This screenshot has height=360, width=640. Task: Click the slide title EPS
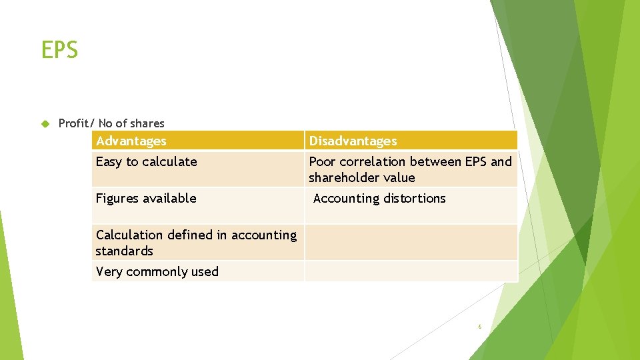59,49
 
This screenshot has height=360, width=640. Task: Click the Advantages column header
131,141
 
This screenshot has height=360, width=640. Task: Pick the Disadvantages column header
353,141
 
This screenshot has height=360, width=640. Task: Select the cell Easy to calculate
147,161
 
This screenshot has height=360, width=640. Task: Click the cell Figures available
146,198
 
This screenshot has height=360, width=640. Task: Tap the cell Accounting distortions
379,198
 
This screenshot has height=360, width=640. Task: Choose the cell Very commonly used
157,271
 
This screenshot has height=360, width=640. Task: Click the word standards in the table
125,251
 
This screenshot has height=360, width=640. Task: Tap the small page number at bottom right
479,327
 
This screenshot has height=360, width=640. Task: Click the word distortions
411,198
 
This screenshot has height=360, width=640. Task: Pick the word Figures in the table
117,198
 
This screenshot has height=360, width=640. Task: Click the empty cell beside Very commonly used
411,271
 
